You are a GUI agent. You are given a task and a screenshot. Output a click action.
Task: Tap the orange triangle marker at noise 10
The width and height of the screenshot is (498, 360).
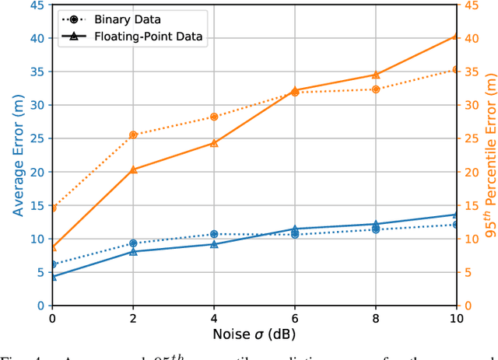(457, 37)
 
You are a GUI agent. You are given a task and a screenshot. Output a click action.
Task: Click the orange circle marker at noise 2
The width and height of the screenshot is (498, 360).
(133, 135)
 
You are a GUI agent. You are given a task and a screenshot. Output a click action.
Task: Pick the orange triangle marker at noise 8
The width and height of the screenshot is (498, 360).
(376, 75)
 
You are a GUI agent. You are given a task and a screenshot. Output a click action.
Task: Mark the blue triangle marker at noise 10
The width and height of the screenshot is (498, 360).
(457, 215)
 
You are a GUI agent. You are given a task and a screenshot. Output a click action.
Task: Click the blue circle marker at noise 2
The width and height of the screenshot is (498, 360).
(133, 243)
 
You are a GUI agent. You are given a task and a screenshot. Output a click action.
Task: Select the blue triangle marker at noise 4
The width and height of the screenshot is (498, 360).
(214, 244)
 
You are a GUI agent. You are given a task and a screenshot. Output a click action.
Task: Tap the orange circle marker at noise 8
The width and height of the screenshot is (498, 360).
(376, 89)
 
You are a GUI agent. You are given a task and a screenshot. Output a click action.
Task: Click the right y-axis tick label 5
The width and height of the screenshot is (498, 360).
(468, 272)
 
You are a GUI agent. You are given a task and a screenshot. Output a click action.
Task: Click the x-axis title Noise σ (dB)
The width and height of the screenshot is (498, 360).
(254, 334)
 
